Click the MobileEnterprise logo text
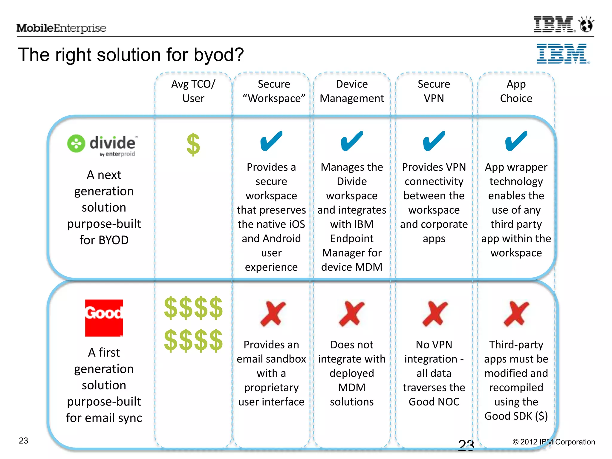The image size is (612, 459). coord(61,28)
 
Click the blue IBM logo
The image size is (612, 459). coord(563,54)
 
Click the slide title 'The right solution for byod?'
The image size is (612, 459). coord(131,55)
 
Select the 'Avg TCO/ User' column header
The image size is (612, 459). coord(193,91)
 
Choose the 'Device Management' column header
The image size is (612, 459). coord(352,91)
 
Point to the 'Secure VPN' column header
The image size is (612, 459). coord(434,91)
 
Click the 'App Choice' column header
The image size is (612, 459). coord(516,91)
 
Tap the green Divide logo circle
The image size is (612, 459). coord(76,143)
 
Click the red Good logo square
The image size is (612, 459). coord(104,318)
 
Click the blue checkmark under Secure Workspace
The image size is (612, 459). coord(271,141)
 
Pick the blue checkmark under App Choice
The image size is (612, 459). coord(516,141)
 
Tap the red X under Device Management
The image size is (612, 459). coord(352,313)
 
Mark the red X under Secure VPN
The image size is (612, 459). coord(434,313)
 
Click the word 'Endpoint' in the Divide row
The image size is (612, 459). coord(352,238)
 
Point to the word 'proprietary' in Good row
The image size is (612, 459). coord(271,388)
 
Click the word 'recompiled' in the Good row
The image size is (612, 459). coord(516,388)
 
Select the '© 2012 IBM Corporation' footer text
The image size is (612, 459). coord(553,442)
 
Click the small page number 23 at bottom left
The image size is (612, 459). coord(23,440)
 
